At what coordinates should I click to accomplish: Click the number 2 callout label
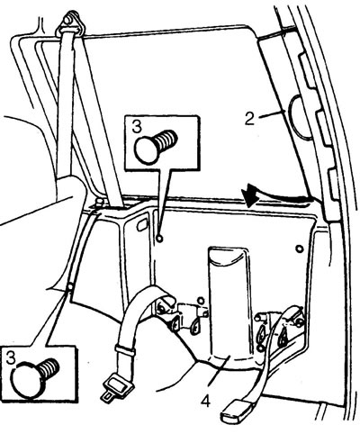249,119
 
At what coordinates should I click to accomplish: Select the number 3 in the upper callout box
137,126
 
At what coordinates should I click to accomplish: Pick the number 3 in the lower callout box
11,358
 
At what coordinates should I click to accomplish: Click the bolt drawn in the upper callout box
156,146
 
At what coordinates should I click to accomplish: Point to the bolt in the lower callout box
35,377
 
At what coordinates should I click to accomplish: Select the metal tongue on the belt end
116,388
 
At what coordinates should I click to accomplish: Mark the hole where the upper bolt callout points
160,239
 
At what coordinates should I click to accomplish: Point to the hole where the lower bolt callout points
70,287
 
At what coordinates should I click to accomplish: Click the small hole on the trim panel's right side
299,249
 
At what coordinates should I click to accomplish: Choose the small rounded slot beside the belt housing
142,225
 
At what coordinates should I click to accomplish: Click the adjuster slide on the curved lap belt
125,350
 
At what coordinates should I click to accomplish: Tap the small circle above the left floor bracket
201,300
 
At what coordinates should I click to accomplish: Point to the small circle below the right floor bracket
260,348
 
